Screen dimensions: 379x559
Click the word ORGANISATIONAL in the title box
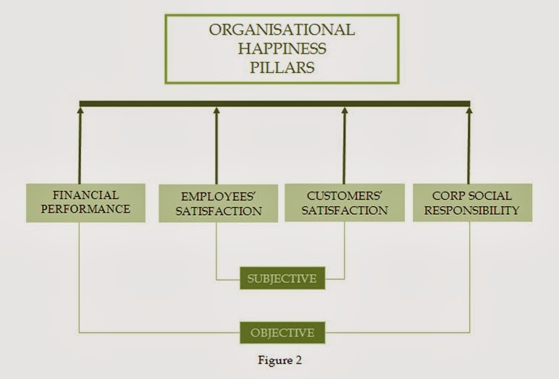[x=282, y=30]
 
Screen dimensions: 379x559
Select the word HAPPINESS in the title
[x=282, y=49]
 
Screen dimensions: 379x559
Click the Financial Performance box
[x=85, y=203]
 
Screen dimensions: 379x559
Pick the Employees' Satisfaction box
[x=218, y=203]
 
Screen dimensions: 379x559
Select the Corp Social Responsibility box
[x=472, y=203]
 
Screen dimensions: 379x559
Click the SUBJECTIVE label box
[x=282, y=278]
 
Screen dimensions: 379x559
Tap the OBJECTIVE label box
[x=282, y=333]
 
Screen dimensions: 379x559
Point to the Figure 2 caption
[x=282, y=360]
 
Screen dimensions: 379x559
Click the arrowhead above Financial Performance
[x=80, y=111]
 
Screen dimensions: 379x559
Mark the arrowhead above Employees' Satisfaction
[x=216, y=111]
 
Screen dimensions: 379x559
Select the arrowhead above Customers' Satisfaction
[x=345, y=111]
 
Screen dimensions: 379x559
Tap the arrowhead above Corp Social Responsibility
[x=468, y=111]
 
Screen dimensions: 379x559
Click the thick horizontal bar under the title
[x=274, y=103]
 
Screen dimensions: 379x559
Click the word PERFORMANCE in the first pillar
[x=85, y=209]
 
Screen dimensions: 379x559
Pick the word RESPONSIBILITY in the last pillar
[x=472, y=210]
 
